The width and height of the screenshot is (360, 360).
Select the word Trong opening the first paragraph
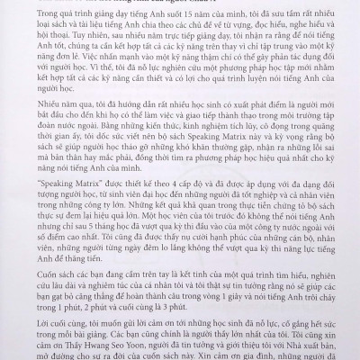(x=39, y=22)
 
